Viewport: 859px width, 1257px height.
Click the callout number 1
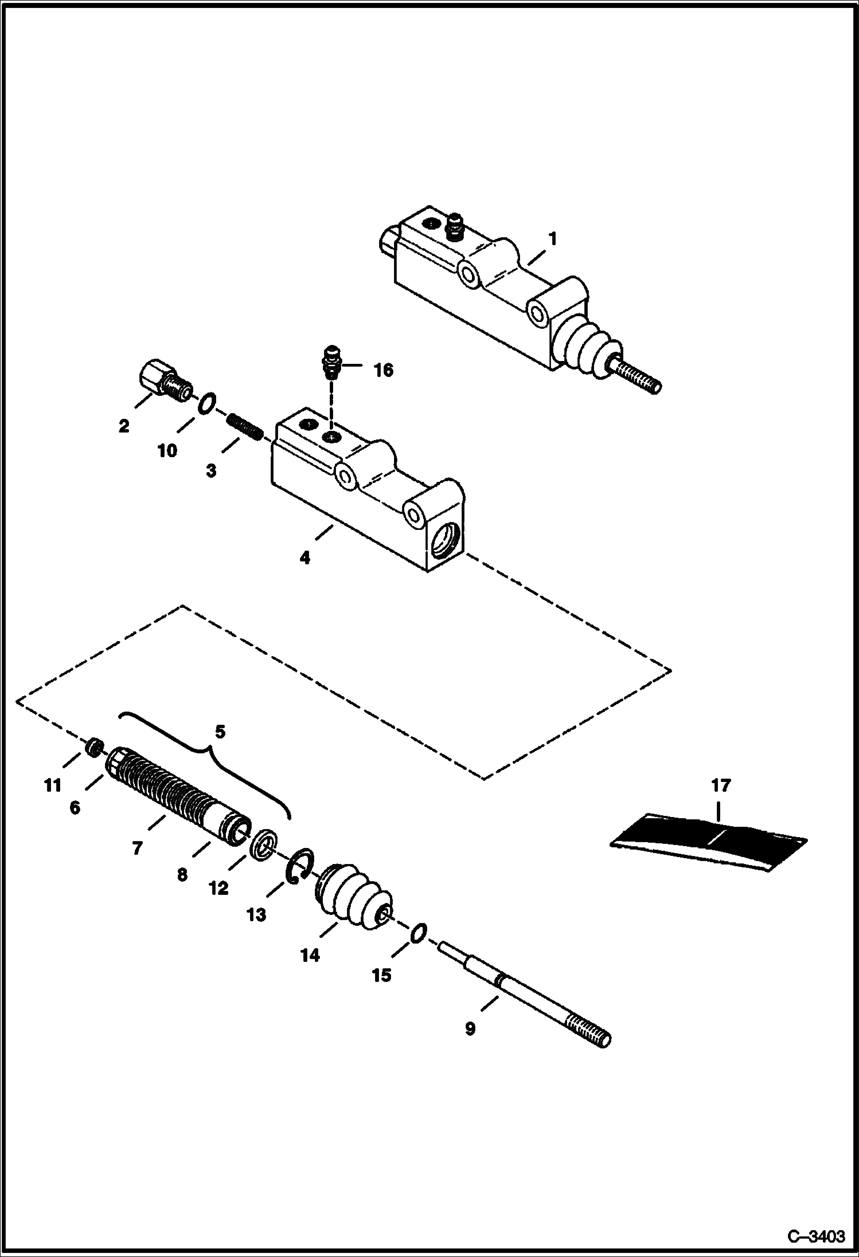click(552, 238)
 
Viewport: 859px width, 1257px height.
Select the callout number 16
click(383, 371)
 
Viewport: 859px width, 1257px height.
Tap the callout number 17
click(721, 785)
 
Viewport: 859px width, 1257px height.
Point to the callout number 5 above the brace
click(220, 732)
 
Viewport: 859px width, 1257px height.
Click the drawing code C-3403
click(816, 1237)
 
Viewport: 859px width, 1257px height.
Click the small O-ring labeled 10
click(207, 404)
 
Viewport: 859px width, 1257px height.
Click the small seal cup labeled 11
click(95, 748)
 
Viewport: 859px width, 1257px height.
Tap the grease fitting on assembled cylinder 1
click(454, 226)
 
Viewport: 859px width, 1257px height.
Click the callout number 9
click(470, 1028)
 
